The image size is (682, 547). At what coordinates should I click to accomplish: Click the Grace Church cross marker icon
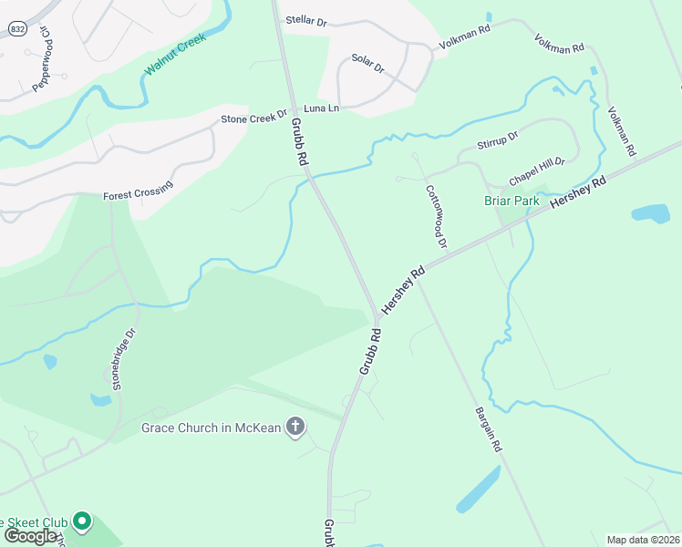295,426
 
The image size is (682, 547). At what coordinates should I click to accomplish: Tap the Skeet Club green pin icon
82,522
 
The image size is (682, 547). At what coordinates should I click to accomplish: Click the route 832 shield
18,29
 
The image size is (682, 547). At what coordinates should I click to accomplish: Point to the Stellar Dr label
305,20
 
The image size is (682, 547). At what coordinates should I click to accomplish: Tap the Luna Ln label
321,108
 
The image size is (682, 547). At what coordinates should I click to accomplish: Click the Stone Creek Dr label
254,119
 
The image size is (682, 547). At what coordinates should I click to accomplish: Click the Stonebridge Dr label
124,359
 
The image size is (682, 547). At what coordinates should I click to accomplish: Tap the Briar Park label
511,201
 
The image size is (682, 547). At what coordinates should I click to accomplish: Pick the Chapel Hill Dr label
537,169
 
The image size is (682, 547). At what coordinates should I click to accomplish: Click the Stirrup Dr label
498,140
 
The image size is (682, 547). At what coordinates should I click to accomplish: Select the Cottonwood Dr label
436,217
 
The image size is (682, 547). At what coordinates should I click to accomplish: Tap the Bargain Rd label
488,430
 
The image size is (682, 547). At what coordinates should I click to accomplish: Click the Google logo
30,535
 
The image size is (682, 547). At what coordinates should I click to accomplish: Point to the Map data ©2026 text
644,540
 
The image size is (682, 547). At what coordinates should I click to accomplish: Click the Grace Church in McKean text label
212,428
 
